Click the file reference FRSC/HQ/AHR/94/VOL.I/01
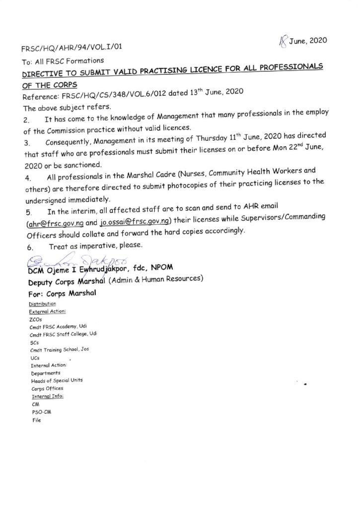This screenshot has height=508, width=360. [72, 48]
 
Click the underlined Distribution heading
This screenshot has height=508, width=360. [43, 304]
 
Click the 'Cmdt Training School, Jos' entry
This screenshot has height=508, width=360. [61, 350]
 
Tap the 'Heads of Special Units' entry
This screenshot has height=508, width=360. [57, 380]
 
